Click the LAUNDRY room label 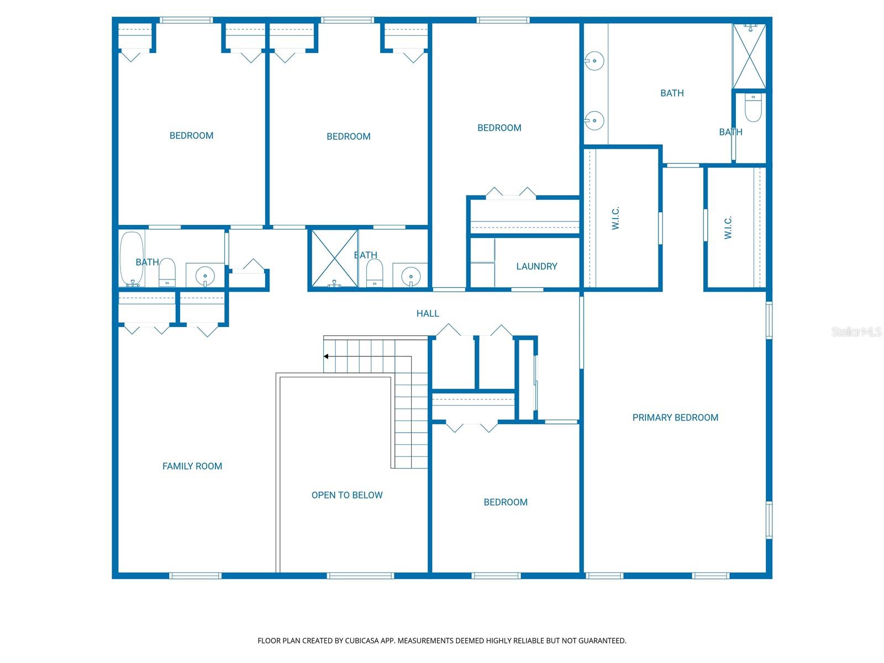point(536,266)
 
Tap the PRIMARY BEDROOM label point(675,418)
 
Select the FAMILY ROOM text point(192,466)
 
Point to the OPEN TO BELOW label point(347,495)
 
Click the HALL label point(428,314)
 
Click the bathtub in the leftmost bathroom point(131,259)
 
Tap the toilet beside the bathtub point(167,272)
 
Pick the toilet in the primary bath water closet point(753,108)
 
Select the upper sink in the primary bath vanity point(594,61)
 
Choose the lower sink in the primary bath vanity point(594,120)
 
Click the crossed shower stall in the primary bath point(749,56)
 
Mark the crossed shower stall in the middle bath point(335,259)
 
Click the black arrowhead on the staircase point(326,356)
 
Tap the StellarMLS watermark point(856,331)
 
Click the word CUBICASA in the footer point(361,640)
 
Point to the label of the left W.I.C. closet point(615,218)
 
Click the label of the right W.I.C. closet point(728,228)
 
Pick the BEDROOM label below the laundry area point(506,502)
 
